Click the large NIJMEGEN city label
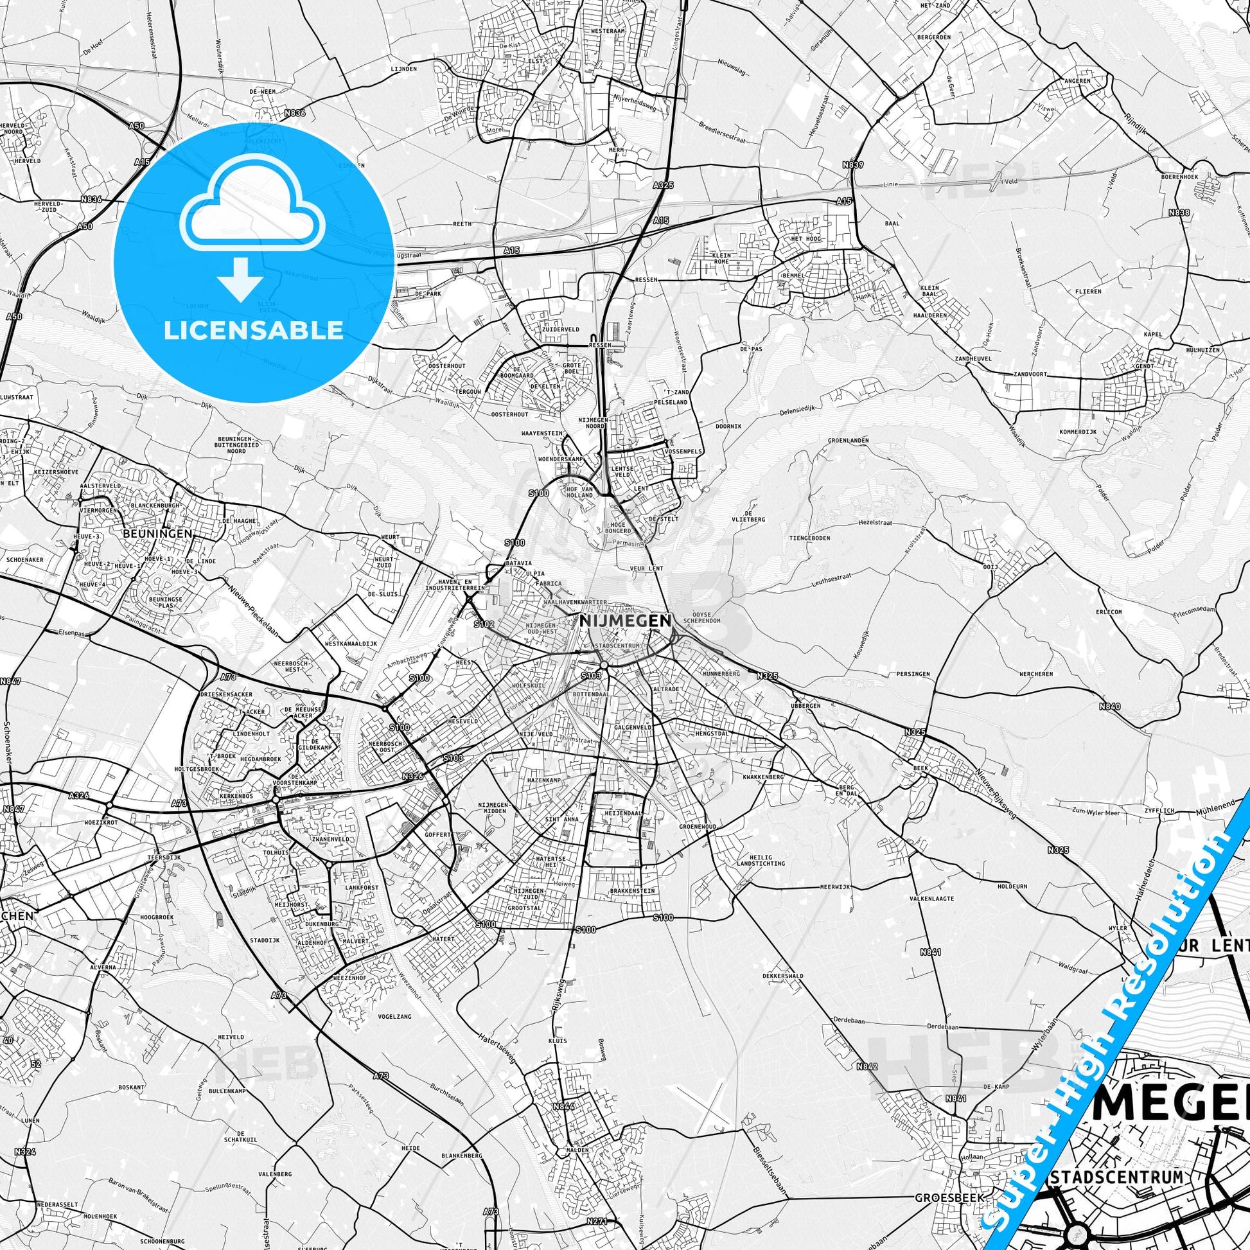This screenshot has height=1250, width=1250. coord(625,620)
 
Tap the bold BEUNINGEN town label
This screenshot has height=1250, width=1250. coord(158,533)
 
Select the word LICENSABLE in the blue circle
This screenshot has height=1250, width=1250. coord(253,331)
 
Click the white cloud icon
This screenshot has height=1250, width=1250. coord(253,205)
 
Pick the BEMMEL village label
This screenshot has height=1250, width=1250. coord(794,275)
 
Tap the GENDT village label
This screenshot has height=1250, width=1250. coord(1145,366)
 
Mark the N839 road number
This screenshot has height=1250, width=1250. coord(853,165)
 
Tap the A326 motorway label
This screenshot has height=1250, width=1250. coord(78,795)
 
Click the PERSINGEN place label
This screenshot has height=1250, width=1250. coord(913,674)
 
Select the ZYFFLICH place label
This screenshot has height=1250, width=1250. coord(1159,809)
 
